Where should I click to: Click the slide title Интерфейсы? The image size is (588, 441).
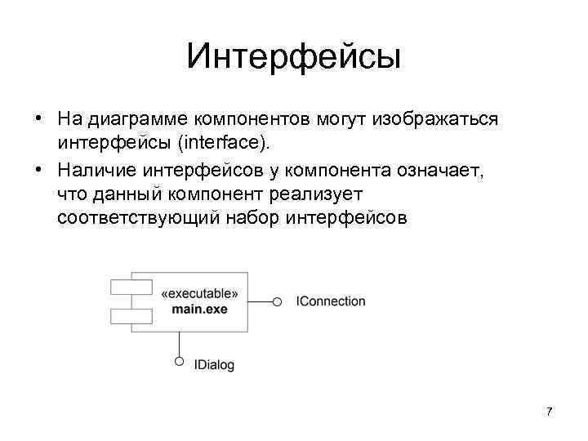click(x=293, y=57)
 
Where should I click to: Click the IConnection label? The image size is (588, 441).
click(x=331, y=301)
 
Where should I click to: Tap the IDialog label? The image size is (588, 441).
click(x=214, y=365)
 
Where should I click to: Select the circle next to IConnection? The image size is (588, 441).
click(x=278, y=302)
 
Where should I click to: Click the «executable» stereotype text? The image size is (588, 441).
click(x=200, y=294)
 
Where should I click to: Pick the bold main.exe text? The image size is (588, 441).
click(x=200, y=309)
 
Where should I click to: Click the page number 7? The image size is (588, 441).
click(x=549, y=411)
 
